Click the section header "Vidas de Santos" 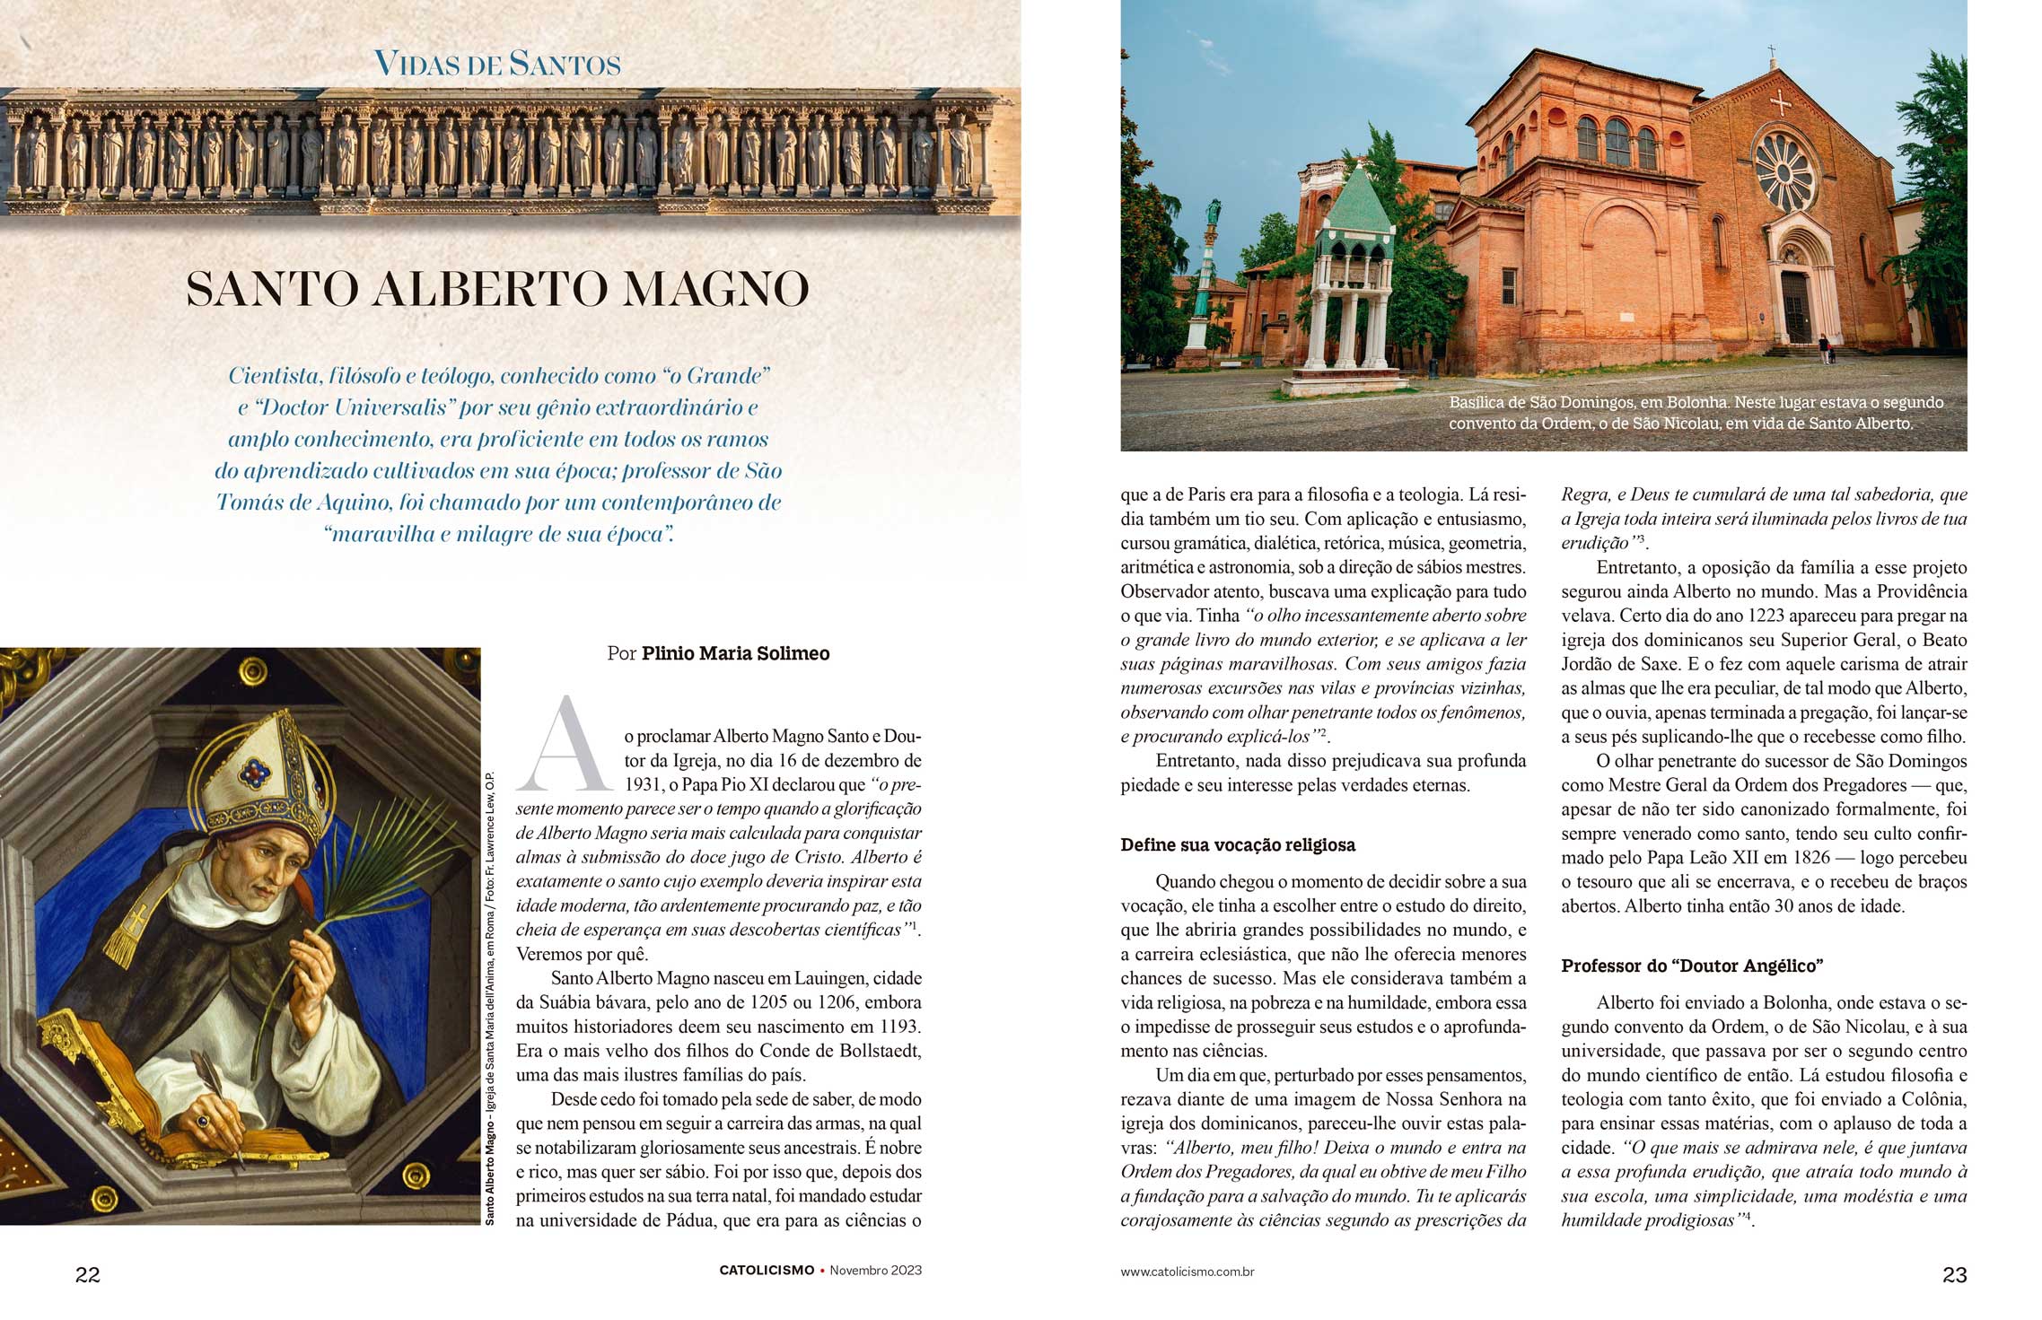pos(497,64)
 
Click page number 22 pos(88,1274)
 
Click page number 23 pos(1954,1274)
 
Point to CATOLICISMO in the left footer pos(767,1271)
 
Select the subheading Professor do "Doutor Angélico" pos(1692,966)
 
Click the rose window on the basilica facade pos(1784,171)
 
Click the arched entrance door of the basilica pos(1796,304)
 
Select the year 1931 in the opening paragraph pos(643,785)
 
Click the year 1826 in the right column pos(1826,858)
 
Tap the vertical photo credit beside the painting pos(490,996)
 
